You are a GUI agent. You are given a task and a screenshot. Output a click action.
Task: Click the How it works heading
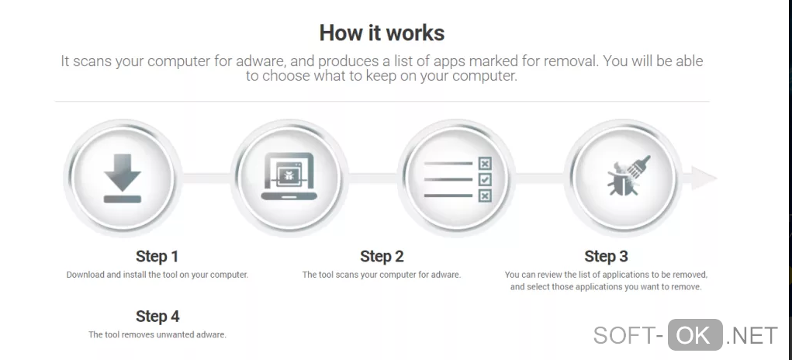[x=382, y=33]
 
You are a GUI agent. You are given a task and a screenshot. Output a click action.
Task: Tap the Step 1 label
[x=157, y=257]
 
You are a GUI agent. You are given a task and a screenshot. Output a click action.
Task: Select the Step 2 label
[x=382, y=257]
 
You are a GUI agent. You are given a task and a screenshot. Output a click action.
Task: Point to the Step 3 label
[x=606, y=257]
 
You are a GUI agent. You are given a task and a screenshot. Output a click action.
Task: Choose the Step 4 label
[x=157, y=317]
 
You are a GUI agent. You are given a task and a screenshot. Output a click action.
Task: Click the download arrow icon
[x=123, y=178]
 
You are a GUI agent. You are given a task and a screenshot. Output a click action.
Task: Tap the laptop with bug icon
[x=289, y=176]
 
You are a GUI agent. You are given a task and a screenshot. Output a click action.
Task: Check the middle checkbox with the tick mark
[x=485, y=179]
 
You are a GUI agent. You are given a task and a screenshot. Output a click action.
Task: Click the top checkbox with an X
[x=485, y=164]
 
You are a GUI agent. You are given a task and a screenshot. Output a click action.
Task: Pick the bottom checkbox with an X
[x=485, y=196]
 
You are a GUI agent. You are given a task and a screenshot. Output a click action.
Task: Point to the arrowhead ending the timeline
[x=704, y=178]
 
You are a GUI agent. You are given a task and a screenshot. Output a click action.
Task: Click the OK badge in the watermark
[x=695, y=334]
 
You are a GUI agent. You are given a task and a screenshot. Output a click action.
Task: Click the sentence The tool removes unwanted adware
[x=157, y=334]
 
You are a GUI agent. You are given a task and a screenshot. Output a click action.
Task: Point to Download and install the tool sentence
[x=157, y=275]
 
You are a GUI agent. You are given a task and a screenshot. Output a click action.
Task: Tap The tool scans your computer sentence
[x=382, y=275]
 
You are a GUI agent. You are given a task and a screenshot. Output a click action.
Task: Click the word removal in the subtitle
[x=569, y=61]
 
